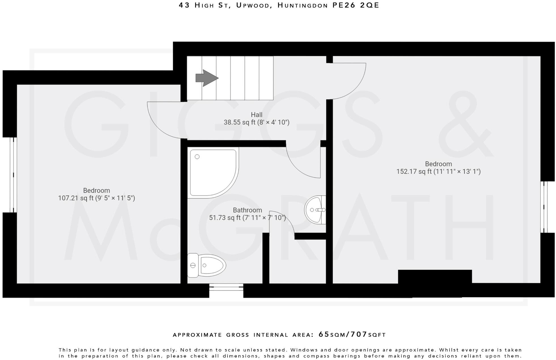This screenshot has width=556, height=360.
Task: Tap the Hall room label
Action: (x=256, y=115)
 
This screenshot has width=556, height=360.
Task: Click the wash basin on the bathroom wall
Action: (x=314, y=210)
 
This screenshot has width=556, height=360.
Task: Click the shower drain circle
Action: (x=197, y=157)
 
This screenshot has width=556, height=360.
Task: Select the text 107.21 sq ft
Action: (x=76, y=198)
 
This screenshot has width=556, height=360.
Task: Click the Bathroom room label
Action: (x=247, y=210)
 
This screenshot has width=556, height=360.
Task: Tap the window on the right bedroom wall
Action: (x=544, y=207)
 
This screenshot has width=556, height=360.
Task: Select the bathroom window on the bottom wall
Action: (x=226, y=287)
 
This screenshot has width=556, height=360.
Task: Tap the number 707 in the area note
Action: (x=359, y=335)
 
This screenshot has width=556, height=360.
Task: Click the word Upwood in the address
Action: (x=253, y=5)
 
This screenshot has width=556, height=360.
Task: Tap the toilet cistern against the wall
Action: (x=193, y=265)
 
